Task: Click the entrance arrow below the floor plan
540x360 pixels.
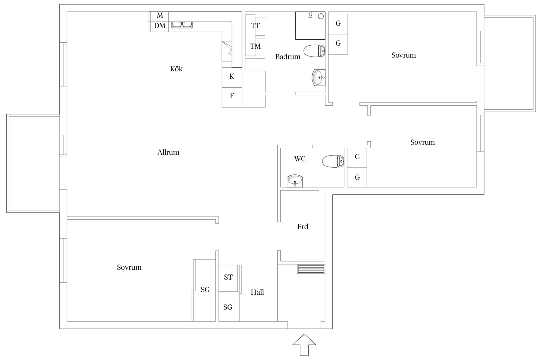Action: coord(304,345)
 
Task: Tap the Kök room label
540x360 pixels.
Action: coord(176,69)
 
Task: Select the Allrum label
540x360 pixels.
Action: coord(168,152)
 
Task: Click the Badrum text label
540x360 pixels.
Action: coord(288,57)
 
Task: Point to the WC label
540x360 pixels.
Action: coord(300,159)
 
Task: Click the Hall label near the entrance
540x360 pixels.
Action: coord(257,292)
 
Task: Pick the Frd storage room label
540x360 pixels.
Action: coord(303,227)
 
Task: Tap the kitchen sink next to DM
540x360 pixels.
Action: coord(182,25)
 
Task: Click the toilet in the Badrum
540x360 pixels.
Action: coord(314,51)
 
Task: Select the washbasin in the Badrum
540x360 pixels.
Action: coord(318,78)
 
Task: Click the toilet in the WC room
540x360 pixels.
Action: coord(333,161)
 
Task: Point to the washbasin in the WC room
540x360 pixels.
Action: coord(295,181)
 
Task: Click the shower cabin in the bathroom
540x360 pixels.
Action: coord(310,26)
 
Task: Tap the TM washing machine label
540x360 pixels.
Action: coord(255,46)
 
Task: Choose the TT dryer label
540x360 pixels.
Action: coord(255,26)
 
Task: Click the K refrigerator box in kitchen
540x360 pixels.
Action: coord(232,77)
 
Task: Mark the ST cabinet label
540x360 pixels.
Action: coord(228,277)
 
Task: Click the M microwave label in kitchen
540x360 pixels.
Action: coord(160,15)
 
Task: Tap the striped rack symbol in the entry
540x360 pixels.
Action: coord(311,269)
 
